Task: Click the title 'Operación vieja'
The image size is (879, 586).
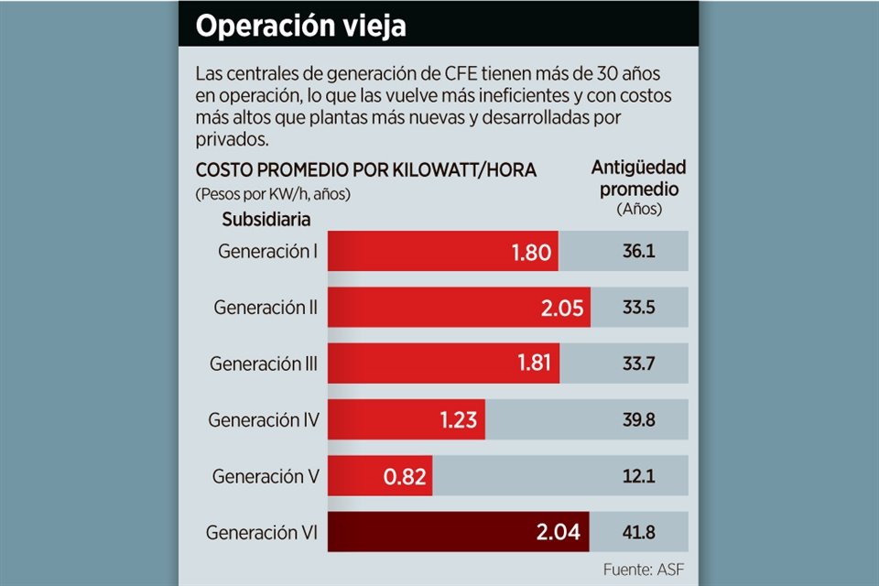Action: point(301,27)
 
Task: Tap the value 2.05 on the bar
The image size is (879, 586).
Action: point(561,308)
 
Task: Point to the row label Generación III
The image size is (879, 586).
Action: point(264,364)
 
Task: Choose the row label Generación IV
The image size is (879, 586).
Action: point(264,420)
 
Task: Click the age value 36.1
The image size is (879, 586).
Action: point(637,251)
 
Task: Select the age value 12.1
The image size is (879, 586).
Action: point(637,477)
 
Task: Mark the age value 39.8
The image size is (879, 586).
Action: point(637,420)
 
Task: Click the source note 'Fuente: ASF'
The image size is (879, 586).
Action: point(643,570)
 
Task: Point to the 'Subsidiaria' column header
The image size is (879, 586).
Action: point(266,220)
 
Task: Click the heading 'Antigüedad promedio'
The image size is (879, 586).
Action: point(638,178)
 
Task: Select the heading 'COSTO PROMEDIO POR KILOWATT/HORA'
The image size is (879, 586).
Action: point(365,170)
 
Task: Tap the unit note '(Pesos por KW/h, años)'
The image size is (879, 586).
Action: point(273,194)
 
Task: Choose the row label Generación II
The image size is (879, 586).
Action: point(266,308)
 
